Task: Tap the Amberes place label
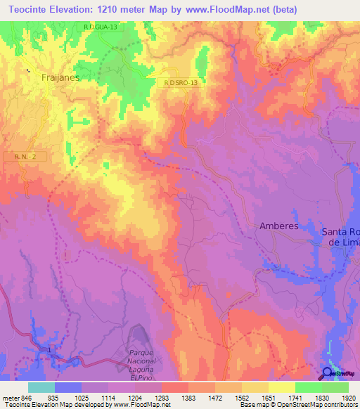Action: pyautogui.click(x=279, y=226)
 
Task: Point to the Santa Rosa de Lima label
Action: pyautogui.click(x=341, y=236)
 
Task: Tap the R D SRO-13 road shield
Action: pyautogui.click(x=181, y=82)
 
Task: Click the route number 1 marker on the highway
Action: pyautogui.click(x=50, y=349)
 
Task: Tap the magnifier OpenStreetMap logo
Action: pyautogui.click(x=327, y=373)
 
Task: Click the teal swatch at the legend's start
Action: pyautogui.click(x=41, y=387)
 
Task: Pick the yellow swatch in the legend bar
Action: pyautogui.click(x=281, y=387)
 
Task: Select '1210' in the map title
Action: pyautogui.click(x=122, y=9)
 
